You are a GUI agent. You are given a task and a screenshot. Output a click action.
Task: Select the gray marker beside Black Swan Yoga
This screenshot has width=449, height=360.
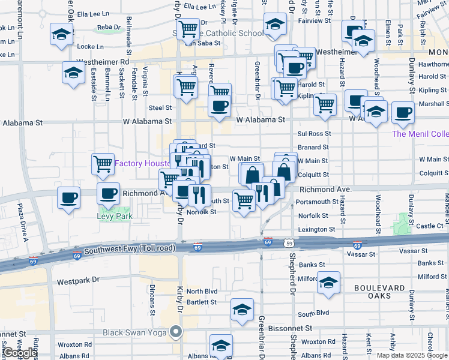(175, 331)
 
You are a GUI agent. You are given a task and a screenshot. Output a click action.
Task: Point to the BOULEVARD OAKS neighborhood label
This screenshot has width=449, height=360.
(380, 292)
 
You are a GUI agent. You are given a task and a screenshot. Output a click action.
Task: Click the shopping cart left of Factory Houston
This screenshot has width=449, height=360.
(103, 163)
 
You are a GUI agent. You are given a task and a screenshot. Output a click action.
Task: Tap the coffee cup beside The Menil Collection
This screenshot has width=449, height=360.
(402, 112)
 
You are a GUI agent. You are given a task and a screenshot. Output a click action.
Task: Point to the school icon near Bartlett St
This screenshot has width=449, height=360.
(242, 310)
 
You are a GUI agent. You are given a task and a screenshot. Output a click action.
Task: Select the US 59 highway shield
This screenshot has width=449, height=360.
(289, 243)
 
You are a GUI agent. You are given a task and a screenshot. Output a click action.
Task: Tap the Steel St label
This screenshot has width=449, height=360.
(160, 108)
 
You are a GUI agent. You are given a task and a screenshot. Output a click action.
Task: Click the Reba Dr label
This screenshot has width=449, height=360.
(109, 27)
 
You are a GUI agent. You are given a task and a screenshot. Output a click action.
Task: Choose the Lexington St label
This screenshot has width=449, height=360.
(316, 229)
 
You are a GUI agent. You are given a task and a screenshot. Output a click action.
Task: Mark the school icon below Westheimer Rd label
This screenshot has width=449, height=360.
(73, 73)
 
